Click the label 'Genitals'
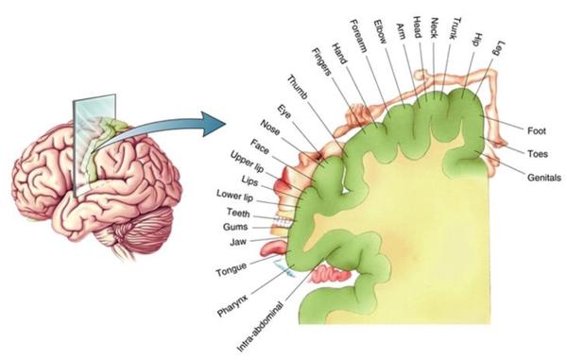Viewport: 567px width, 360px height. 544,178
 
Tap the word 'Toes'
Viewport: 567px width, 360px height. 538,154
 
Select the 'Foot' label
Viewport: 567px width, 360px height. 537,130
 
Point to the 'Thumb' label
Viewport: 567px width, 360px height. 298,87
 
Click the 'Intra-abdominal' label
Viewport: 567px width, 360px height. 261,327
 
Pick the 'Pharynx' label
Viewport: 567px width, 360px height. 232,305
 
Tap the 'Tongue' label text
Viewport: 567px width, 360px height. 232,269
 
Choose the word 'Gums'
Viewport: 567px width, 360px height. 235,227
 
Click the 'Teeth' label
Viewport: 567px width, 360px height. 238,213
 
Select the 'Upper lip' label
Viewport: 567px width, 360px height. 248,162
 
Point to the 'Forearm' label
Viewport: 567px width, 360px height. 359,36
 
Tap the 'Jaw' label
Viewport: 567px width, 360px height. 238,242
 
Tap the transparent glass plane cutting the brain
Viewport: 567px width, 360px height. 94,145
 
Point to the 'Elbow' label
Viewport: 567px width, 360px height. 381,31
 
